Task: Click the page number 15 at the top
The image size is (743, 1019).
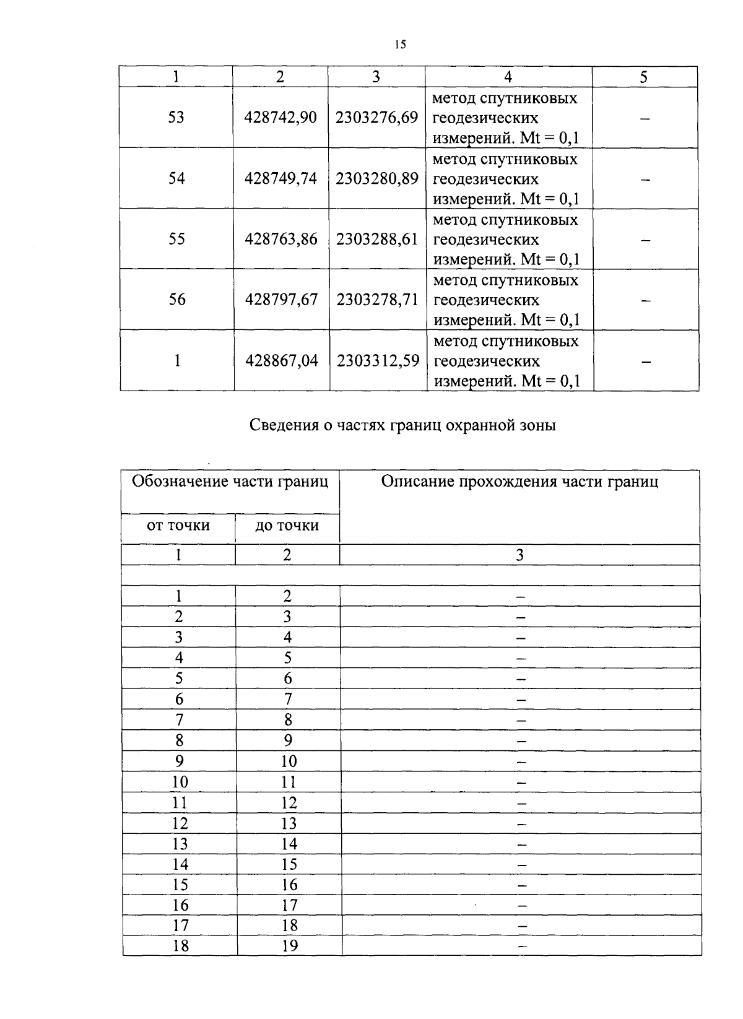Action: [x=399, y=44]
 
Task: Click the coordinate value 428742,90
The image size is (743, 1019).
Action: [x=280, y=118]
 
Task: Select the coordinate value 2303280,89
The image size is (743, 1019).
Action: [x=377, y=179]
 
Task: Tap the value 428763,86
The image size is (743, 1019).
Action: [x=281, y=240]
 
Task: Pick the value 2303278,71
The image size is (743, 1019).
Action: [x=378, y=300]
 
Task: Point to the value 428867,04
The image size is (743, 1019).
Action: [x=282, y=361]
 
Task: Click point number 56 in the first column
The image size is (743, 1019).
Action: [x=177, y=300]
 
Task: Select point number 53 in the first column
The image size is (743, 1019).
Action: [x=176, y=118]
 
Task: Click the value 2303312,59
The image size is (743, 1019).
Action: [x=378, y=361]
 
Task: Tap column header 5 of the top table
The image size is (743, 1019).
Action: [x=644, y=77]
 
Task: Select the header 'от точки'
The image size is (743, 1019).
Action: [x=178, y=526]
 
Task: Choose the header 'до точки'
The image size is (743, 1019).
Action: [x=287, y=526]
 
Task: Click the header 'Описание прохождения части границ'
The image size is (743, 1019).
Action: [x=519, y=482]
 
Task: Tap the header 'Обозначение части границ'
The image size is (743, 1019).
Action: [x=230, y=482]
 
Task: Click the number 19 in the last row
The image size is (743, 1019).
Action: [x=289, y=946]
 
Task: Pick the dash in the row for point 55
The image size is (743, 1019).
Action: [x=645, y=240]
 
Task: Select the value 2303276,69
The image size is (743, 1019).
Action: [x=376, y=118]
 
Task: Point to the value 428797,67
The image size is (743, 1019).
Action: [x=281, y=300]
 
